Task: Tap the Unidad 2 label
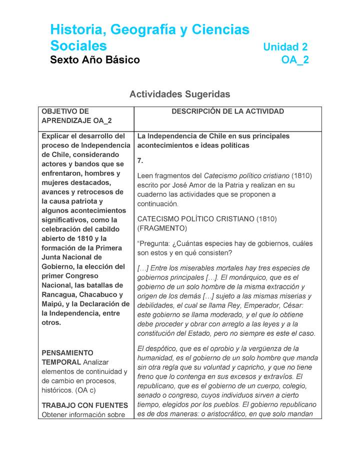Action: [x=285, y=47]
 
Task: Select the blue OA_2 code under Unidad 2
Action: [x=295, y=60]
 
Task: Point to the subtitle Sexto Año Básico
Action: [x=95, y=60]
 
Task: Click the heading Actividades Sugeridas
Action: [x=179, y=94]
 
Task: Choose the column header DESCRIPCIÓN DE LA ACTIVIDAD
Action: [x=227, y=111]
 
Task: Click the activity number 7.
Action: [x=140, y=160]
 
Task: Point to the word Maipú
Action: [x=52, y=304]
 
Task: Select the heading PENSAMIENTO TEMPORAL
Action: [x=67, y=357]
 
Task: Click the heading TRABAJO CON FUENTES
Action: [x=84, y=405]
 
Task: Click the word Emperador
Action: [x=261, y=305]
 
